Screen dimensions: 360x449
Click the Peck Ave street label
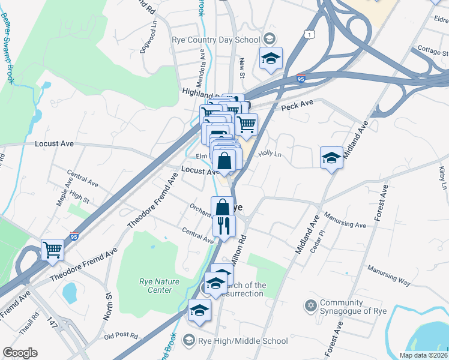point(298,105)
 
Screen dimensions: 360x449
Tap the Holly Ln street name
point(270,154)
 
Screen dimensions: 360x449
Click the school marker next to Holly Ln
point(331,158)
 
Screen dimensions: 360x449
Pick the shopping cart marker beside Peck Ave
point(246,125)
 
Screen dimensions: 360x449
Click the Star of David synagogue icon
point(310,307)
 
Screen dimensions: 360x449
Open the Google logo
point(20,353)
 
